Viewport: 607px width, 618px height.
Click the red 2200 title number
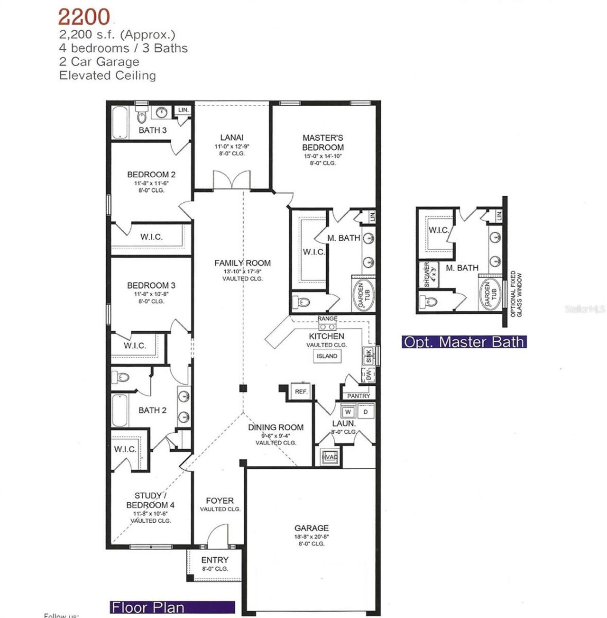[x=84, y=17]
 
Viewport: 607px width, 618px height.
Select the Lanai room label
[x=231, y=137]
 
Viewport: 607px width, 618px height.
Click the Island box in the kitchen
[x=327, y=356]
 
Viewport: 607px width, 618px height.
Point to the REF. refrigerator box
[x=301, y=391]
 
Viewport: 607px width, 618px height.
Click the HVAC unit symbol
[x=330, y=457]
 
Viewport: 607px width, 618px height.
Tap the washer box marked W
[x=348, y=412]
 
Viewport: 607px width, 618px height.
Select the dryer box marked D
[x=365, y=412]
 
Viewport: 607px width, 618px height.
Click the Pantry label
[x=359, y=396]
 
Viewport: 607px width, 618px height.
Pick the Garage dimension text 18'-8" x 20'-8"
[x=311, y=536]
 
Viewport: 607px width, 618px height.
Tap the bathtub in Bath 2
[x=120, y=410]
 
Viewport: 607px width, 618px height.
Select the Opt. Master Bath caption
[x=464, y=342]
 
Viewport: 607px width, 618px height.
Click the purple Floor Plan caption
[x=147, y=607]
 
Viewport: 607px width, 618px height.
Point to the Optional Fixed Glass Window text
[x=516, y=294]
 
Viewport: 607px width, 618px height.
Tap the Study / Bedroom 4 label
[x=150, y=500]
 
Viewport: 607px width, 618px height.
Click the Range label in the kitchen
[x=327, y=318]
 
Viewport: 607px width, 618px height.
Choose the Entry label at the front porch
[x=214, y=560]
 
